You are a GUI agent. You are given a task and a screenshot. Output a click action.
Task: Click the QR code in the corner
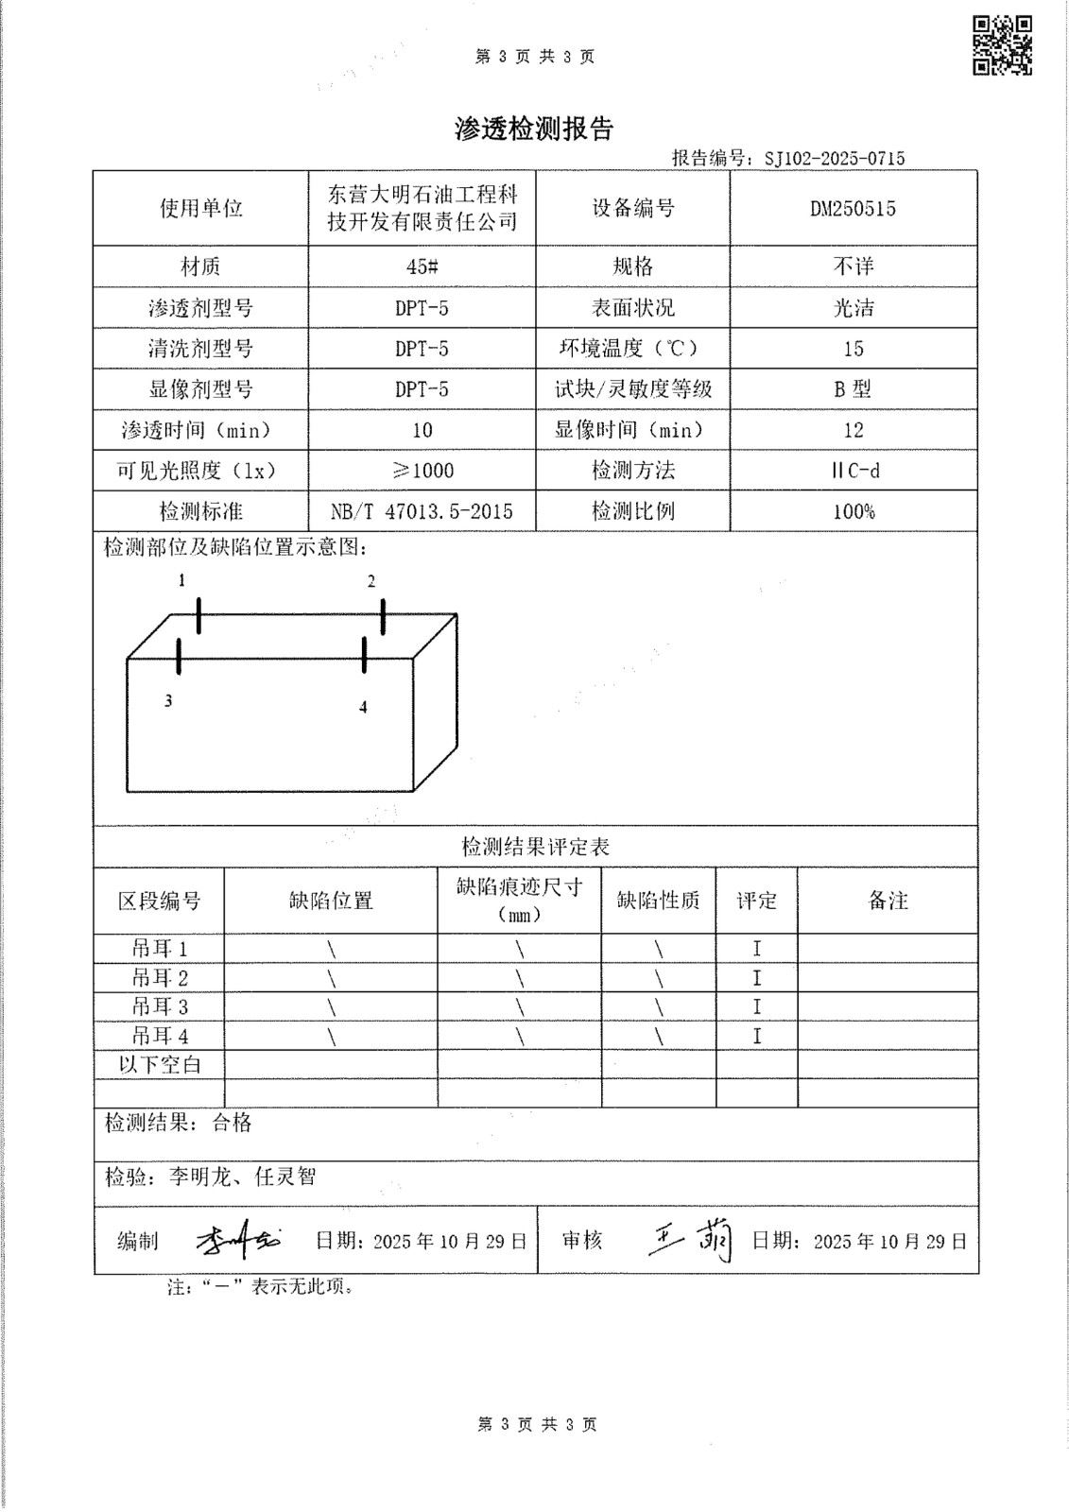[1003, 44]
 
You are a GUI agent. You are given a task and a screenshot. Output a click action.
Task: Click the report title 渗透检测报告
[534, 129]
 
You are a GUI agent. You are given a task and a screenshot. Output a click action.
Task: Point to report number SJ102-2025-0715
[834, 159]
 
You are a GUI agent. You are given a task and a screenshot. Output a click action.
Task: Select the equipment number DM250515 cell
[853, 209]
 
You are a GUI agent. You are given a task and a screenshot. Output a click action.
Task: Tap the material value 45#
[422, 267]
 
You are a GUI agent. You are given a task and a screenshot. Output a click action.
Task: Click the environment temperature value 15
[853, 349]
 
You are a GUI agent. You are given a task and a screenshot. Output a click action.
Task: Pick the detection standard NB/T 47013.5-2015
[422, 512]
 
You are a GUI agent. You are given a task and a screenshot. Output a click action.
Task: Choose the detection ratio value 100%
[853, 512]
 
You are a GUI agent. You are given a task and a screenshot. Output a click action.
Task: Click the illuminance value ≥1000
[422, 471]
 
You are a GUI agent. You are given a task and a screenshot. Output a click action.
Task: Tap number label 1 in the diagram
[182, 580]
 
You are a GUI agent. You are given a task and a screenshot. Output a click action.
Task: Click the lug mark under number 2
[383, 616]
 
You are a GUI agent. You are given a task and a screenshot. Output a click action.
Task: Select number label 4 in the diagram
[363, 707]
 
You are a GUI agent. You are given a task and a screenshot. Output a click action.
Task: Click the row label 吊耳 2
[160, 978]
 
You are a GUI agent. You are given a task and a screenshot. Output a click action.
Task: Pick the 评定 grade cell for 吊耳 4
[756, 1037]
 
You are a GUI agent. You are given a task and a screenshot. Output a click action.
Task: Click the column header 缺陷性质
[658, 902]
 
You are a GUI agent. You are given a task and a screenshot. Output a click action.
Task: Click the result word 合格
[232, 1123]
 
